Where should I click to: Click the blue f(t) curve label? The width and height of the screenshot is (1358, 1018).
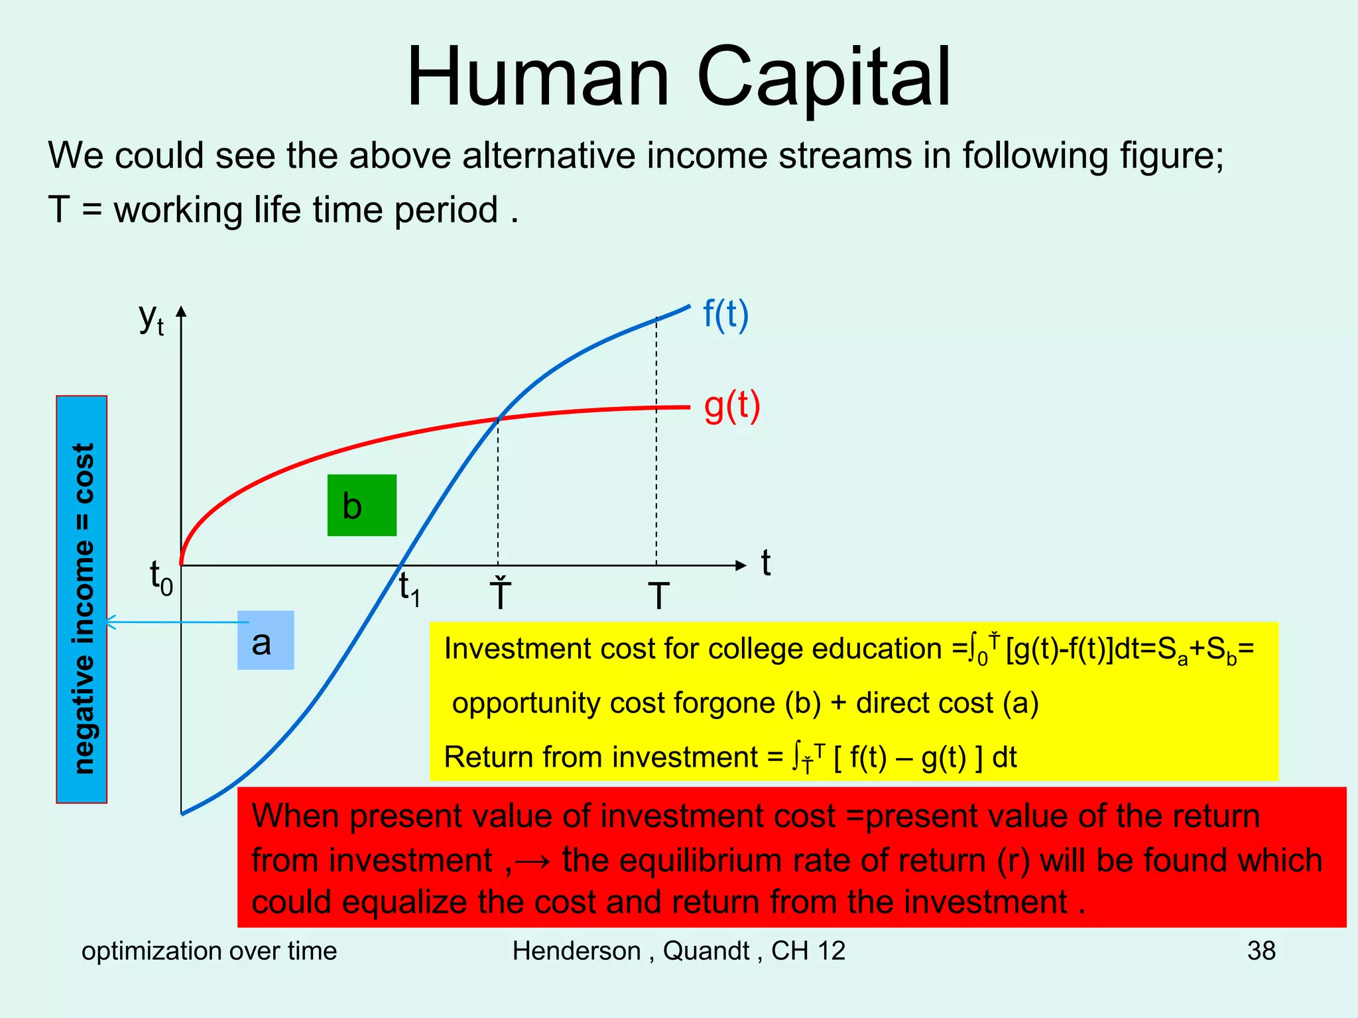725,315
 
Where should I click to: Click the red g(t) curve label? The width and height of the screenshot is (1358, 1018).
731,406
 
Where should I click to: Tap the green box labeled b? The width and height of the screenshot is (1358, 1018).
361,505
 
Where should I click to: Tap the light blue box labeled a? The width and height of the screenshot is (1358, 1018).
265,640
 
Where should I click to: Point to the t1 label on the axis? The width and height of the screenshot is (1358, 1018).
409,589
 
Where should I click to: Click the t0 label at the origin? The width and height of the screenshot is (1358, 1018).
161,578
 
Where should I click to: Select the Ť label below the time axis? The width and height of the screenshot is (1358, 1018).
500,594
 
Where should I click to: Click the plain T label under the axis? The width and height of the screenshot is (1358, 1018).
658,596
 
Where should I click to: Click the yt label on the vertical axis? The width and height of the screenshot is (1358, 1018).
151,319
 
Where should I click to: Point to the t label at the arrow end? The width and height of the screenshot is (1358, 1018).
766,563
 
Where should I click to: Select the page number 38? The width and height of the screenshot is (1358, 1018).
1261,951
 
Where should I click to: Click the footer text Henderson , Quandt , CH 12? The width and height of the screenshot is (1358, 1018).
678,951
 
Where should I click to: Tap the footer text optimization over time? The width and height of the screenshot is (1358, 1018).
209,951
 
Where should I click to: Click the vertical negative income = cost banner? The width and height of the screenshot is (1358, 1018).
82,600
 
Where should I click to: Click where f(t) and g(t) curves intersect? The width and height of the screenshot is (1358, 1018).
499,418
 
